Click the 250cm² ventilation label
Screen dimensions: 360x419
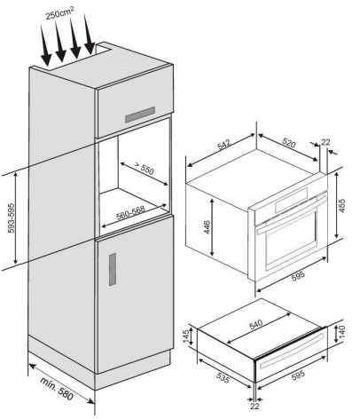point(60,12)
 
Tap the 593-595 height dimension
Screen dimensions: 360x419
point(12,217)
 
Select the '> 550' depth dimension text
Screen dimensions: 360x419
point(145,168)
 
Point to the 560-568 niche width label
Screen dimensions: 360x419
point(131,213)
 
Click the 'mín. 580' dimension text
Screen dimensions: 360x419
point(57,388)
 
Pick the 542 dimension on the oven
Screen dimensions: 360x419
point(223,145)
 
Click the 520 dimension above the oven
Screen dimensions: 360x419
point(288,143)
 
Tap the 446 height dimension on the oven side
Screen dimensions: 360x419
point(207,227)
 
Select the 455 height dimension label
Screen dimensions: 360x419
point(341,205)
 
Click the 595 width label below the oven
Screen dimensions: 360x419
point(298,276)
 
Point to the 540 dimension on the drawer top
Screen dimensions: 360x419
point(256,324)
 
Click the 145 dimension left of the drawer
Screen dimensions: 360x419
point(186,336)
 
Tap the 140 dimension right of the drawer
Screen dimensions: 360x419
point(341,332)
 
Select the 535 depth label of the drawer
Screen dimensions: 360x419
point(223,377)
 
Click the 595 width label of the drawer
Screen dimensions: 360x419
point(298,376)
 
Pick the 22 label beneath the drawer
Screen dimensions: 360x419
point(254,406)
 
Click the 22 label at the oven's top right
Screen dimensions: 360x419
point(325,142)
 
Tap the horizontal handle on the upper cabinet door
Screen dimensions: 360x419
point(140,115)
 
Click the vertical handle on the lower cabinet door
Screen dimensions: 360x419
point(113,269)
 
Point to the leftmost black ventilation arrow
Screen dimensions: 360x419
point(45,46)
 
